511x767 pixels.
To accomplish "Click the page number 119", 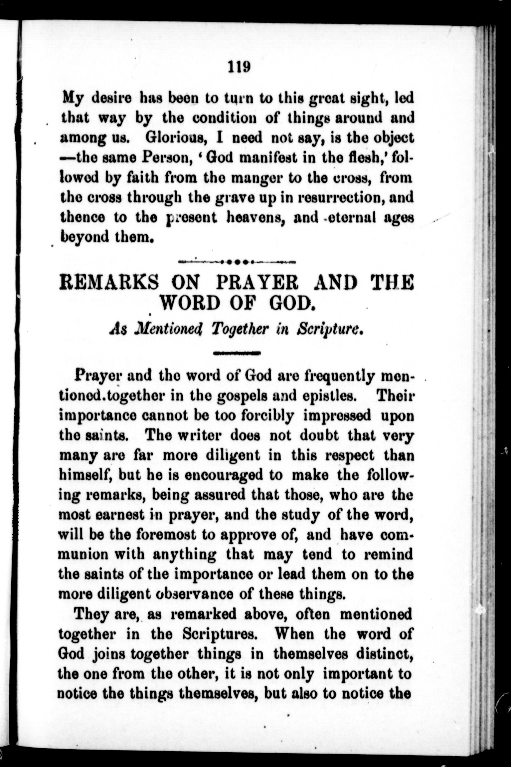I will pos(239,67).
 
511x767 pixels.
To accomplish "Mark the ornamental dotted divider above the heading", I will pos(237,262).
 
